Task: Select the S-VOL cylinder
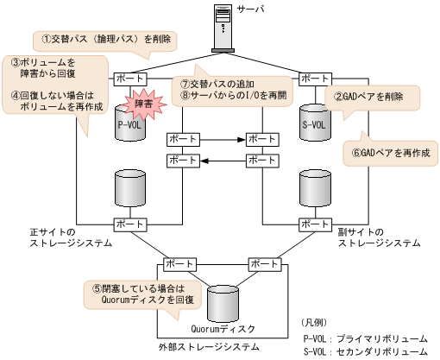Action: click(x=316, y=121)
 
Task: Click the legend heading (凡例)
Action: click(x=319, y=321)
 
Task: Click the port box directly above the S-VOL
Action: click(x=315, y=79)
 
